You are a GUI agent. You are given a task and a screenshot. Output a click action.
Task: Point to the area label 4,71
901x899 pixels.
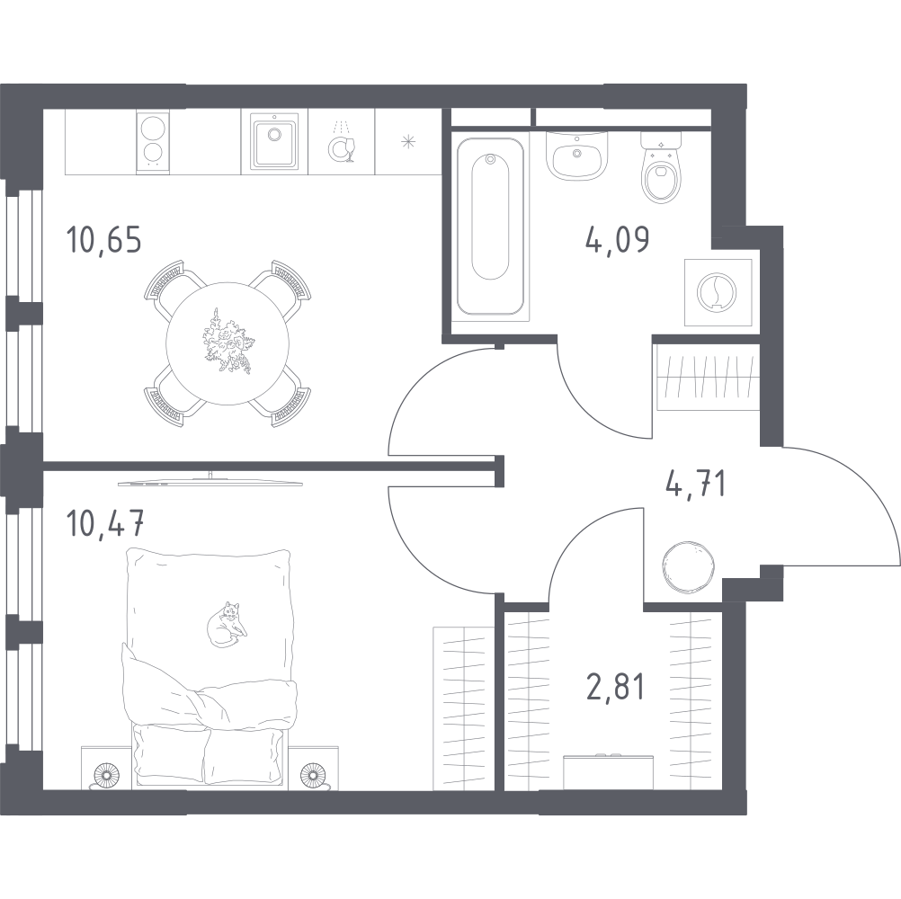pyautogui.click(x=694, y=485)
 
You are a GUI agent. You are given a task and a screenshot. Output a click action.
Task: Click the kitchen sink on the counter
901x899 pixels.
pyautogui.click(x=274, y=141)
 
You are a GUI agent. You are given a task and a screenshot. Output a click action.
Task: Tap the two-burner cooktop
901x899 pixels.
pyautogui.click(x=154, y=141)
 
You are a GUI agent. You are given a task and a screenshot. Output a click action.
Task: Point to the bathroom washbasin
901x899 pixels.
pyautogui.click(x=575, y=158)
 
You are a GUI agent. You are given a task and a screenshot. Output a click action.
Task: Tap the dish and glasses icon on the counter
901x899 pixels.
pyautogui.click(x=342, y=144)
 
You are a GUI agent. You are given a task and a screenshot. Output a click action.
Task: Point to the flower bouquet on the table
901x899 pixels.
pyautogui.click(x=225, y=340)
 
